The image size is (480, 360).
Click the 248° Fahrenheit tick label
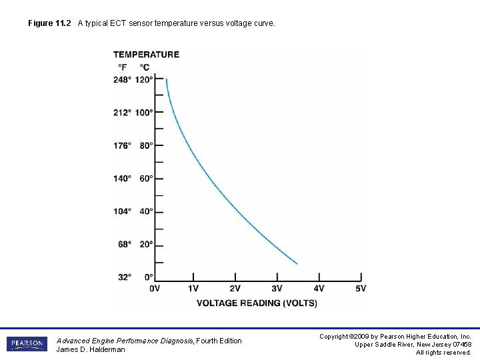tap(122, 80)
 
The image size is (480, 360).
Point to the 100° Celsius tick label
tap(144, 113)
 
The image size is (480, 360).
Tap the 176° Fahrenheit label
tap(122, 145)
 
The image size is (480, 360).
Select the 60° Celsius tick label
tap(146, 179)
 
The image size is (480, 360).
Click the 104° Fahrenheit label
tap(122, 211)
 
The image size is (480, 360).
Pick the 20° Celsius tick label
tap(146, 245)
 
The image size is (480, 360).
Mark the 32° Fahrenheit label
tap(125, 277)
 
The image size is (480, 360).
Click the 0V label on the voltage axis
tap(155, 289)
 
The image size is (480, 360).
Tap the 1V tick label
tap(193, 289)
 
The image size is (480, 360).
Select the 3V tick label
tap(277, 289)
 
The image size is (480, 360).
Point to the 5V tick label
tap(361, 289)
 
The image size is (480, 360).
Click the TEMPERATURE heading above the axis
tap(146, 55)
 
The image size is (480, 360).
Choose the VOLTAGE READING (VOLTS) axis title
tap(257, 303)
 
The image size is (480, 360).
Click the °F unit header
tap(123, 67)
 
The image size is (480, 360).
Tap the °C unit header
tap(144, 67)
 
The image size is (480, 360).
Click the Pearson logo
tap(27, 345)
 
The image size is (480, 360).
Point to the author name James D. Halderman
tap(91, 349)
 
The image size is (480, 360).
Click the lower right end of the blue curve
tap(297, 264)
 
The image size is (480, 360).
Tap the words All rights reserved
tap(443, 353)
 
